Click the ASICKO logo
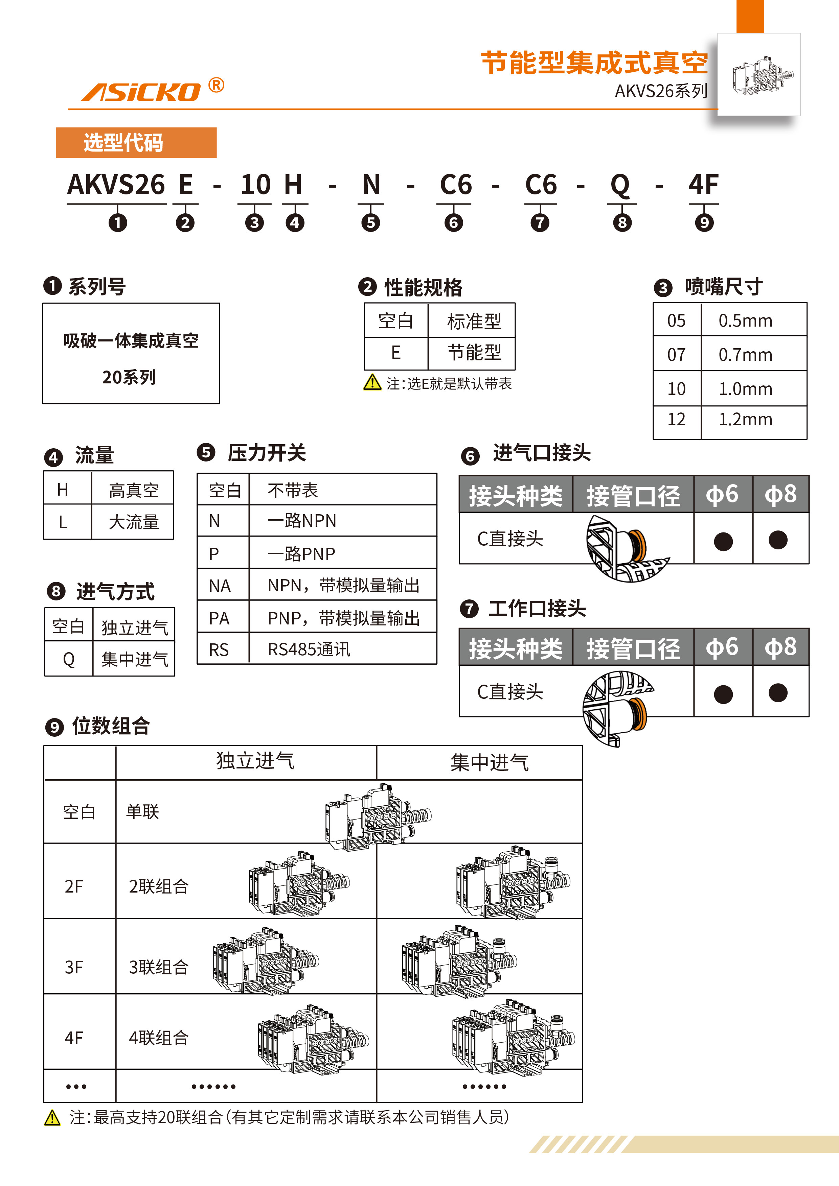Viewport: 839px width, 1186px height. (x=141, y=91)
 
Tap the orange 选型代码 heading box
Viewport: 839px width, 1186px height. (x=136, y=143)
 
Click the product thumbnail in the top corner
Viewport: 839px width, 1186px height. (x=759, y=75)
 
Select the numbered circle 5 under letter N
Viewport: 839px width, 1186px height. (x=371, y=223)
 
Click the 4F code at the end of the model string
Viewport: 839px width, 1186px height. (x=703, y=185)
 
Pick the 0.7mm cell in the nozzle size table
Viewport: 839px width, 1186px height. (x=745, y=354)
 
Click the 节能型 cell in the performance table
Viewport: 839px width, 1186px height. (x=474, y=353)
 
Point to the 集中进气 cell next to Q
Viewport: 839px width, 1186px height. (x=134, y=659)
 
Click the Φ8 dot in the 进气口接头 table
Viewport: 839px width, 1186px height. (x=777, y=540)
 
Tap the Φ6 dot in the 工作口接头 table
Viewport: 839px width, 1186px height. (x=723, y=694)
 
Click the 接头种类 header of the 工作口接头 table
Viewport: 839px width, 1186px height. (x=515, y=648)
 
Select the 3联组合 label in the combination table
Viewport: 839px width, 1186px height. (x=159, y=967)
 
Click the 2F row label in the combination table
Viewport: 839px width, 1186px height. (x=74, y=886)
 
